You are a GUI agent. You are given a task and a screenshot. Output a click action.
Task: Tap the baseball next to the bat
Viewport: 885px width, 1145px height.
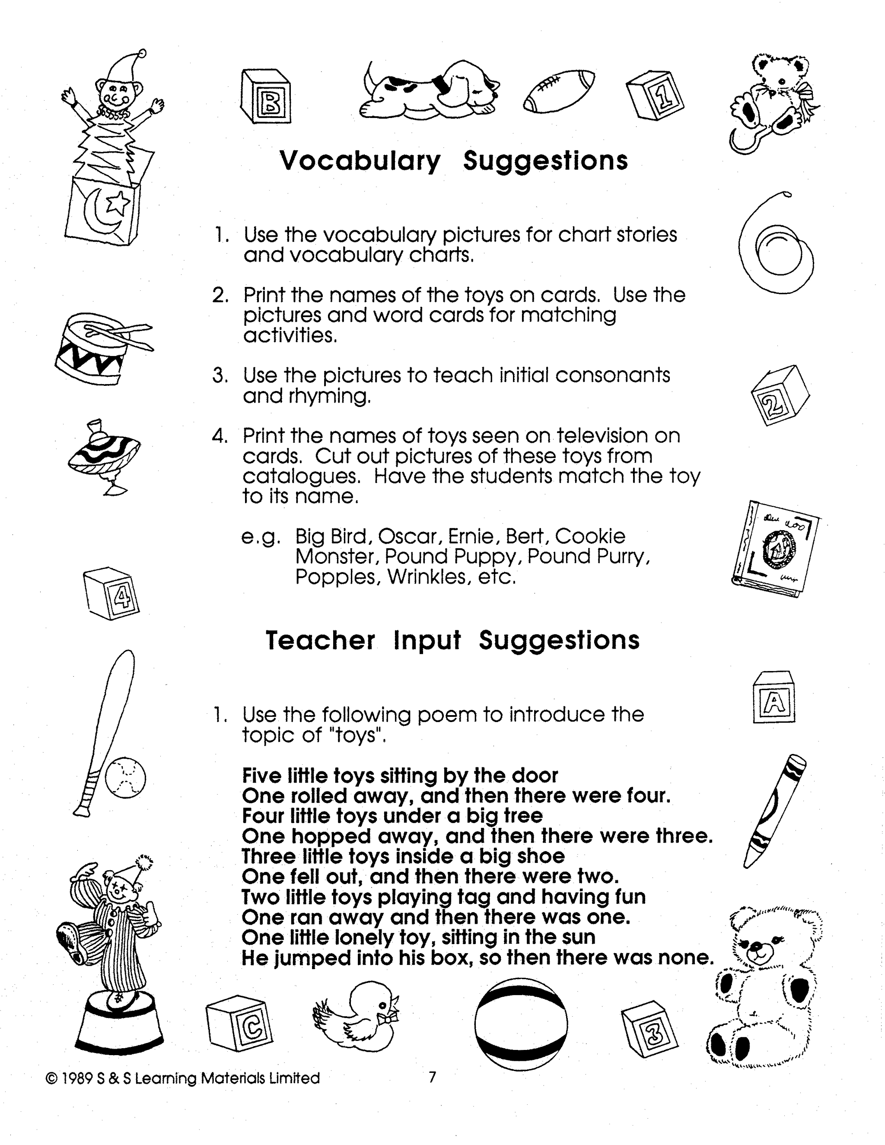pyautogui.click(x=125, y=777)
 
